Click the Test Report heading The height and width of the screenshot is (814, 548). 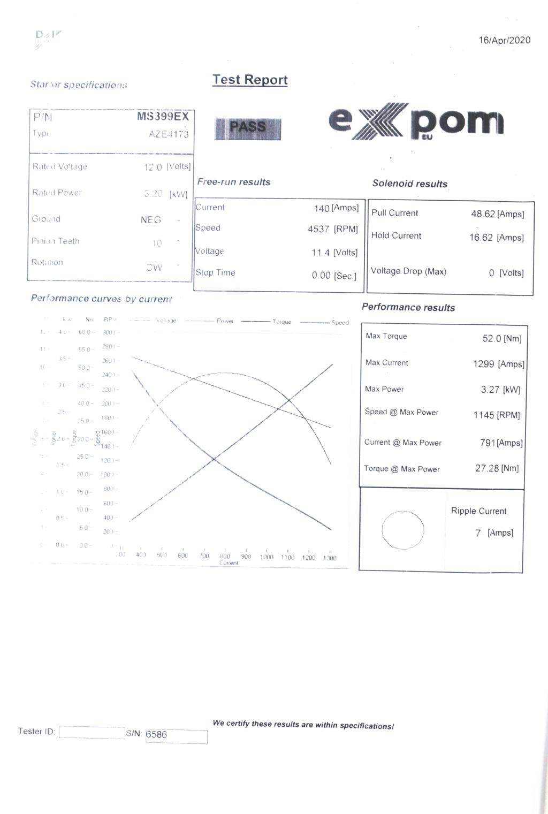pos(250,80)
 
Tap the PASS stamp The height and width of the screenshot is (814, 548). pos(248,128)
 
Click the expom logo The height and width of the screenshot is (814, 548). pos(416,121)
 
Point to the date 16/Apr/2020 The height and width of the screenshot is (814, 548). pos(504,41)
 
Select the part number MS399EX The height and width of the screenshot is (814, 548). pos(163,117)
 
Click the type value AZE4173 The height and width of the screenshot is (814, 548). pos(169,134)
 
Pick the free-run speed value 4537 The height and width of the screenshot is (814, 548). pos(318,229)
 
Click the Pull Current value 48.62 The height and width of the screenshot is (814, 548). pos(483,214)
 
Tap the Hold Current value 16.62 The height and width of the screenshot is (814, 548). pos(481,238)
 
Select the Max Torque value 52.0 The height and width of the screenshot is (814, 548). pos(492,338)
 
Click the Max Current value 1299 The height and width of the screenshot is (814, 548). pos(484,364)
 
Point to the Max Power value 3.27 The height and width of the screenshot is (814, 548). pos(490,390)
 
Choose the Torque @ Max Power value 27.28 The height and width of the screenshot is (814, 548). pos(487,468)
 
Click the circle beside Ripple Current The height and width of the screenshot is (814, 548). pos(403,530)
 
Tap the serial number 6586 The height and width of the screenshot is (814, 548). pos(156,734)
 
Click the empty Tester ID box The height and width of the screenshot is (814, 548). pos(91,732)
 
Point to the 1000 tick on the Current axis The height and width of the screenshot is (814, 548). pos(267,557)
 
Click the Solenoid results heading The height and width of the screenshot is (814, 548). pos(409,184)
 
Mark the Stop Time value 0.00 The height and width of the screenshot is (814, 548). pos(321,276)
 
